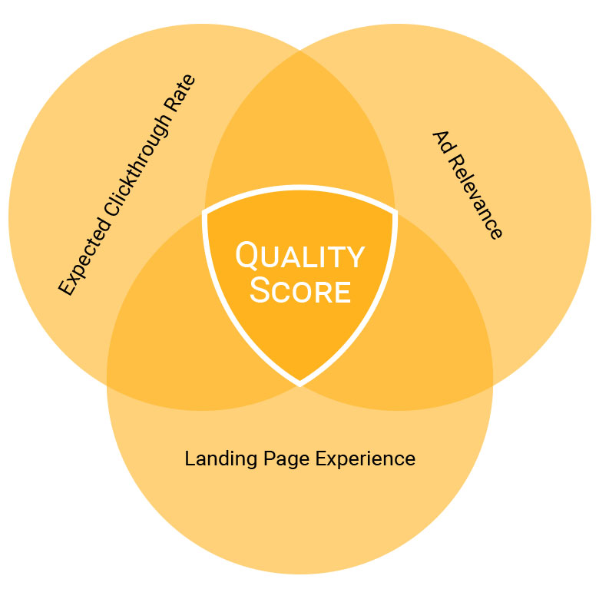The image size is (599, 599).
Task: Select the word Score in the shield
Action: pyautogui.click(x=300, y=292)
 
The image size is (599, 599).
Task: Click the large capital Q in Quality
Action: pyautogui.click(x=247, y=256)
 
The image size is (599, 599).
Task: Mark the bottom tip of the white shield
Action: pyautogui.click(x=299, y=382)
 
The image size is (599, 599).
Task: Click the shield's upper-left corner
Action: pyautogui.click(x=205, y=211)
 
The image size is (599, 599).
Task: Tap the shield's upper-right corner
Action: pyautogui.click(x=395, y=211)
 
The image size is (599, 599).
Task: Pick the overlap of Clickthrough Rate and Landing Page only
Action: pyautogui.click(x=161, y=323)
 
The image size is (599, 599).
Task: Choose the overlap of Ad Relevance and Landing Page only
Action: pyautogui.click(x=438, y=323)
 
